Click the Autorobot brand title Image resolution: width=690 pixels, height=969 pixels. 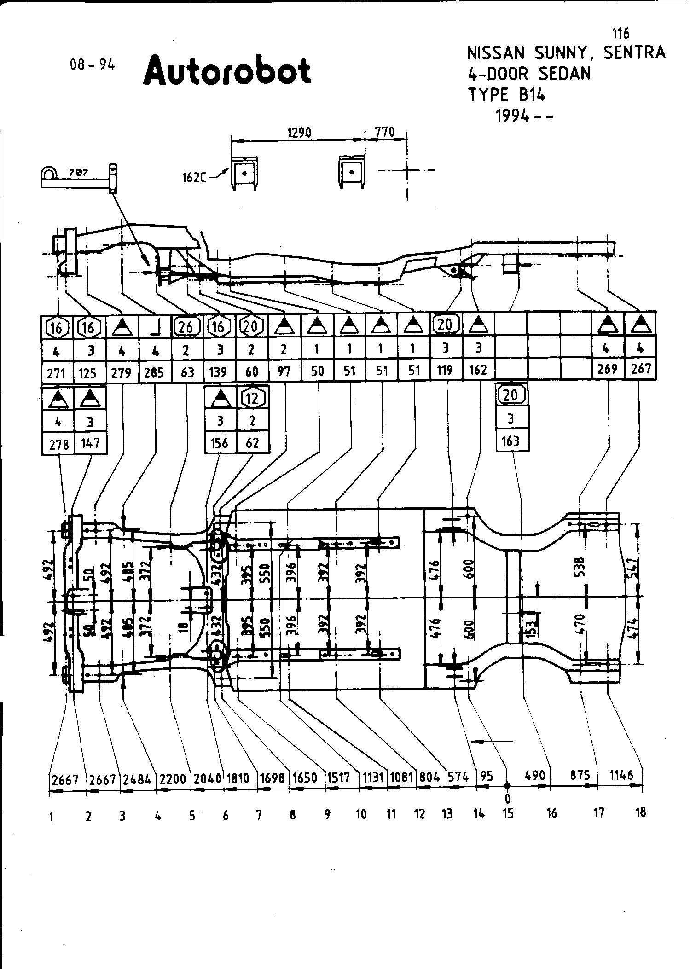coord(227,70)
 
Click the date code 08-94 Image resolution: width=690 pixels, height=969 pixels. coord(92,65)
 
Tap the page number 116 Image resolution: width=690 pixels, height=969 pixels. coord(620,34)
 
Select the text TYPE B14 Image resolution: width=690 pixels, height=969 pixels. coord(506,95)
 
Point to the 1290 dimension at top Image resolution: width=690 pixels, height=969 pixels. coord(299,133)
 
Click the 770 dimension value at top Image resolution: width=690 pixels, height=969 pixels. coord(385,133)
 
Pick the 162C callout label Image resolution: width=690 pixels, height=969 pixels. coord(193,177)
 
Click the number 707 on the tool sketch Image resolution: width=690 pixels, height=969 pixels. coord(79,173)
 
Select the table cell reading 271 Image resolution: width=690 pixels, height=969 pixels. coord(57,372)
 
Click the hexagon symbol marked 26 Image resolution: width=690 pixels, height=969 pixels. coord(186,327)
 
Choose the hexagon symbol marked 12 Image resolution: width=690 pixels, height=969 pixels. coord(252,398)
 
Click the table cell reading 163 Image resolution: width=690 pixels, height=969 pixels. coord(510,441)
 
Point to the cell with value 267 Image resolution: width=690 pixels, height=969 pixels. coord(641,369)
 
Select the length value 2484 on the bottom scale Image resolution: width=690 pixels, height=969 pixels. coord(138,779)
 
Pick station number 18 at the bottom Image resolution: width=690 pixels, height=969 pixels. coord(640,812)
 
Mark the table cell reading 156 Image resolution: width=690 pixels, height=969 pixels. coord(219,443)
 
